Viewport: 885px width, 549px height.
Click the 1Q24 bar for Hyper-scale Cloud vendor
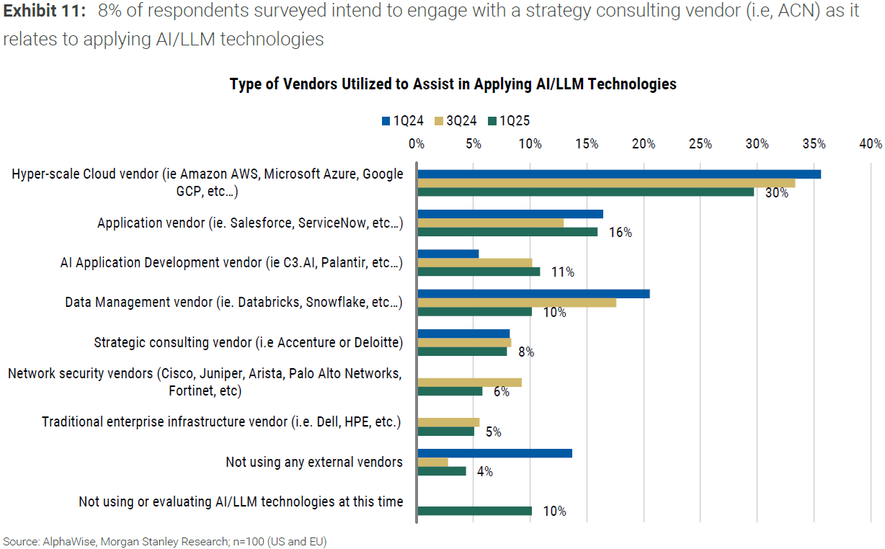(618, 174)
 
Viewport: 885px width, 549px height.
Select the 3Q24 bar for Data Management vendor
(517, 303)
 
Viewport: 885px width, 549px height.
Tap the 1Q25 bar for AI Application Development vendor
(479, 272)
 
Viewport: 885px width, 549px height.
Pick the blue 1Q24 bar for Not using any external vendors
(494, 453)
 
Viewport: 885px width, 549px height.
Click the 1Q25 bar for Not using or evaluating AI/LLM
(474, 511)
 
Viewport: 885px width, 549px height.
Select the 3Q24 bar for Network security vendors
(469, 383)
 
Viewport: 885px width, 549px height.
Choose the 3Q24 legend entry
(456, 120)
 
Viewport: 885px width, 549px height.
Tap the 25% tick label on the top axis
(701, 143)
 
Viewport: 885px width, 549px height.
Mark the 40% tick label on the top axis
(871, 143)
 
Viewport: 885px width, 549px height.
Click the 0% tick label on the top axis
(417, 143)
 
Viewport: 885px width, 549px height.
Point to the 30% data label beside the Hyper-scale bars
(777, 193)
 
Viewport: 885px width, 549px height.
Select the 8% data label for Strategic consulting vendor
(526, 352)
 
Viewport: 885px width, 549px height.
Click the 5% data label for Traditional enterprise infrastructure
(493, 432)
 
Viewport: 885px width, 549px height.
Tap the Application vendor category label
(250, 223)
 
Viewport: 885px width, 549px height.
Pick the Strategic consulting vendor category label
(248, 342)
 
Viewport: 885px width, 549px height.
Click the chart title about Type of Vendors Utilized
(453, 84)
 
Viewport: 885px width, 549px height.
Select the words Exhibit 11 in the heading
(43, 12)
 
